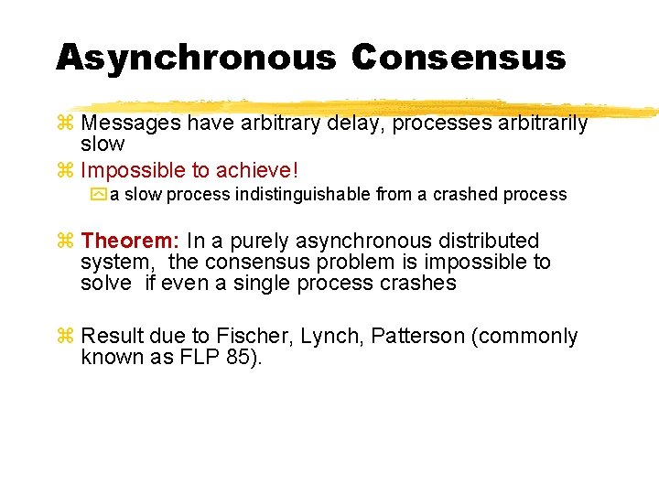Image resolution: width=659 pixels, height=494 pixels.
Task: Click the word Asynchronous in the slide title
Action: point(195,58)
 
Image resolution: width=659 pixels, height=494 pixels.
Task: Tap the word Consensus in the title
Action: point(459,58)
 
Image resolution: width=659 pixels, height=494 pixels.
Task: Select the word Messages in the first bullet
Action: point(131,123)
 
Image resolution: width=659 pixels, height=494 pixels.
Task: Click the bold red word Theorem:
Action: point(130,242)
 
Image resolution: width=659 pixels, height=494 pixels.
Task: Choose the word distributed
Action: point(490,242)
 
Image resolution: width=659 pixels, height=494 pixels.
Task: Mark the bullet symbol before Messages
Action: point(65,123)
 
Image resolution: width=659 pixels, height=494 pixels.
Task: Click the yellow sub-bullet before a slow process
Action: point(99,195)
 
